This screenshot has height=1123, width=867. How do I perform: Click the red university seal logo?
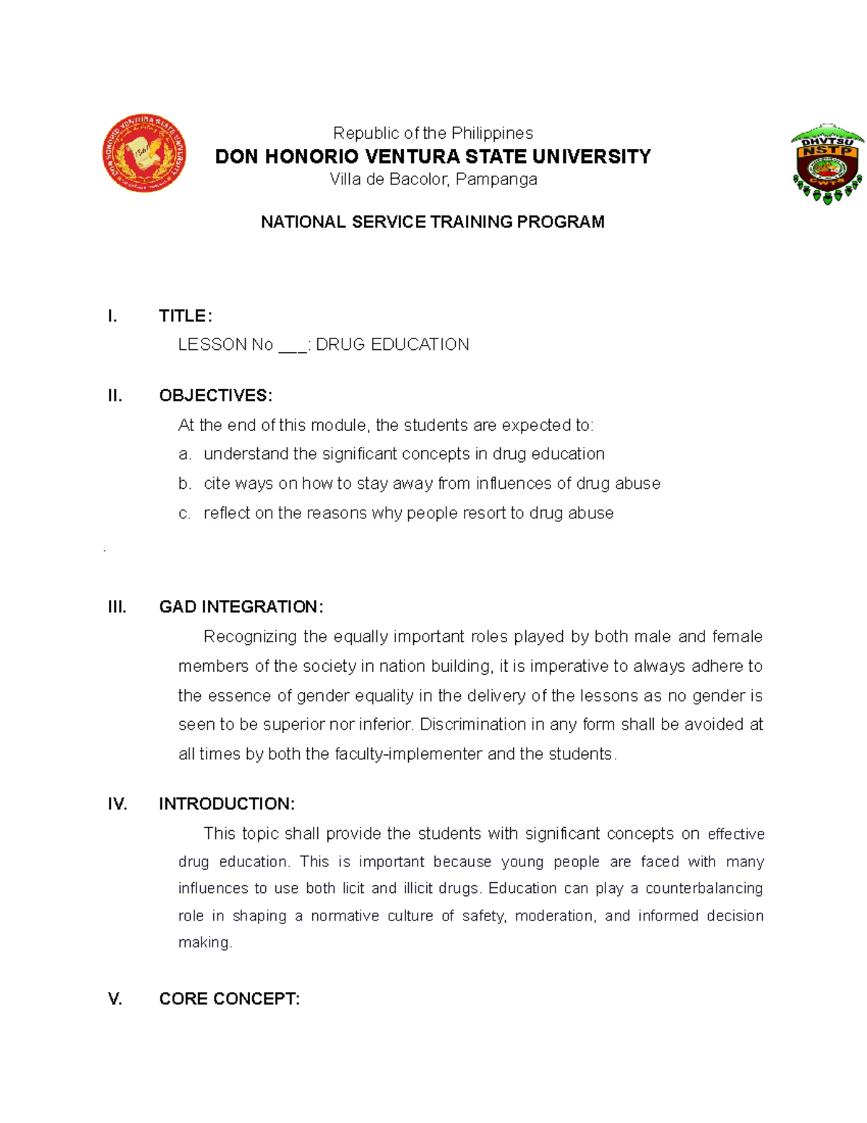(144, 153)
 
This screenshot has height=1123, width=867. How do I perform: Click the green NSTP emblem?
(827, 163)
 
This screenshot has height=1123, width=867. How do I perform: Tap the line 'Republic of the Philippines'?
(433, 133)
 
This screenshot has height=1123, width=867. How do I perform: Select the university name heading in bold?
(433, 156)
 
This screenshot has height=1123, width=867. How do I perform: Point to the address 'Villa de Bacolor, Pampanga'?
(433, 179)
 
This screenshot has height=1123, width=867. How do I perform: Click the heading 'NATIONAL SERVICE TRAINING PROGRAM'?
(432, 222)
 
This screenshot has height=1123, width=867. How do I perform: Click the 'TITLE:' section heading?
(186, 316)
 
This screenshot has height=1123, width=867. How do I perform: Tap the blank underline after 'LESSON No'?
(292, 345)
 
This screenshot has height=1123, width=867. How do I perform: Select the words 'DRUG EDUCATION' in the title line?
(392, 345)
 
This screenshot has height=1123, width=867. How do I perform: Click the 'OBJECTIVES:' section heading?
(215, 396)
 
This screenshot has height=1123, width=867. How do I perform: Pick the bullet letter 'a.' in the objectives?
(185, 454)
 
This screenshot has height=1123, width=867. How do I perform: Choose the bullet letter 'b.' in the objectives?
(185, 484)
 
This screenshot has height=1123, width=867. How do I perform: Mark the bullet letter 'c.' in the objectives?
(185, 513)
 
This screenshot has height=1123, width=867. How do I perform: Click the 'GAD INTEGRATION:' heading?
(241, 607)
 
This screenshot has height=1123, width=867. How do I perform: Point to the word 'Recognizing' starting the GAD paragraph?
(250, 637)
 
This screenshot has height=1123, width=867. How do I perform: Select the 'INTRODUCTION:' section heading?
(226, 804)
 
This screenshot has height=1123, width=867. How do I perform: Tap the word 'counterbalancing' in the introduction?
(704, 888)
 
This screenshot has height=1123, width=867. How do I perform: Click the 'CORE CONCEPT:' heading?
(229, 999)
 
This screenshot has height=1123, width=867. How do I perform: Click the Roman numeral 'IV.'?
(117, 804)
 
